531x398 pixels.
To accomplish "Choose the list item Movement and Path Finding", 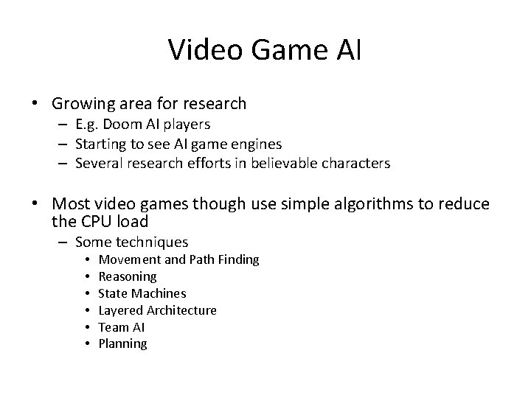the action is click(x=178, y=259).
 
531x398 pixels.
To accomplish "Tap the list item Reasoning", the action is click(x=128, y=276).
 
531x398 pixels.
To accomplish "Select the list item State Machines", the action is click(x=142, y=293).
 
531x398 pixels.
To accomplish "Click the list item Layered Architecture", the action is click(x=157, y=310).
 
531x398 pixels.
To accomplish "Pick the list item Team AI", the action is click(x=122, y=327).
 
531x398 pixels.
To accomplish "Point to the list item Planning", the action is click(x=122, y=344).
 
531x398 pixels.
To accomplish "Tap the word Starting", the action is click(x=100, y=144).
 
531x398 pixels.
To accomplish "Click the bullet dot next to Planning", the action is click(x=87, y=344).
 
